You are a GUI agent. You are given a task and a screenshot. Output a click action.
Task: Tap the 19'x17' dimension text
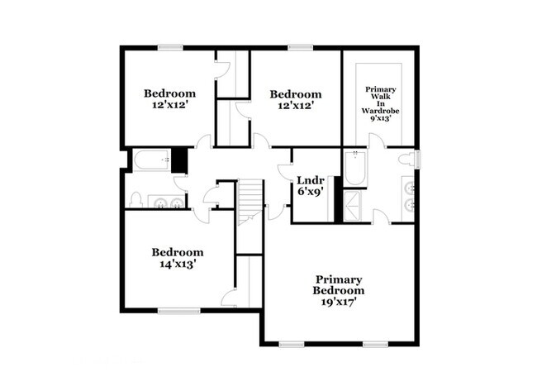pos(339,303)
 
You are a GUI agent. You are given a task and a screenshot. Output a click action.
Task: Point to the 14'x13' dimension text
pos(177,265)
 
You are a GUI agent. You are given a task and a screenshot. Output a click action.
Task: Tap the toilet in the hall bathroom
pos(136,200)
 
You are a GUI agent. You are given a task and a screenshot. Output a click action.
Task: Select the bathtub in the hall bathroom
pos(150,160)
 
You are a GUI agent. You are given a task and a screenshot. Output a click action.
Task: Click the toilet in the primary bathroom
pos(406,159)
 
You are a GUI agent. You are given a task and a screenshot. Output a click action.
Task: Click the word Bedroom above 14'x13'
pos(177,252)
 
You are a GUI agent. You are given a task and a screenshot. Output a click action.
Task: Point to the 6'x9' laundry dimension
pos(310,191)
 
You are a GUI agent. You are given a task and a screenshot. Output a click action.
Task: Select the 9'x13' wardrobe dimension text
pos(380,118)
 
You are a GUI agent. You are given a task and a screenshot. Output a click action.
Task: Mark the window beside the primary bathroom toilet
pos(418,159)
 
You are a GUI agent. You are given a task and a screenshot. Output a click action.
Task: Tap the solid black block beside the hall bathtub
pos(178,160)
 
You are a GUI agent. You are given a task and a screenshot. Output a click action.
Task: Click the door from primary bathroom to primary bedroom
pos(381,217)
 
